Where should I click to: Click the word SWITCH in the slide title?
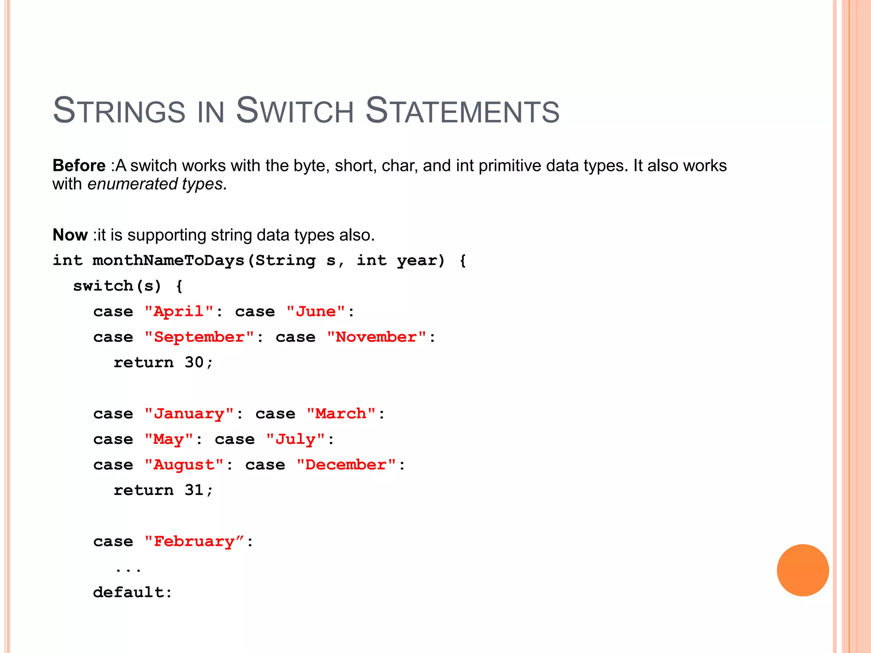[295, 111]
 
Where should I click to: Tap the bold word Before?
[79, 165]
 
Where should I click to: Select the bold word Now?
[70, 235]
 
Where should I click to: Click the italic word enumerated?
[132, 184]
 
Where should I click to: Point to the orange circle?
[803, 570]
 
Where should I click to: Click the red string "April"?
[179, 312]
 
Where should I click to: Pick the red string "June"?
[316, 312]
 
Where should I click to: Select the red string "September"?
[199, 337]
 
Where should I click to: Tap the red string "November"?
[376, 337]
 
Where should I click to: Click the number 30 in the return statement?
[194, 363]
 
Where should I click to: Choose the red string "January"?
[189, 414]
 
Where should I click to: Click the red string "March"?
[341, 414]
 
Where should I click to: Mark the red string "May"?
[169, 439]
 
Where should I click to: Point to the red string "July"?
[296, 439]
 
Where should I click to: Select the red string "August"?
[184, 465]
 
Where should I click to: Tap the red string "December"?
[346, 465]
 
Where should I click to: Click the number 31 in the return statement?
[194, 490]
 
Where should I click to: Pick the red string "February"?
[194, 542]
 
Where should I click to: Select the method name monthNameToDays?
[168, 261]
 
